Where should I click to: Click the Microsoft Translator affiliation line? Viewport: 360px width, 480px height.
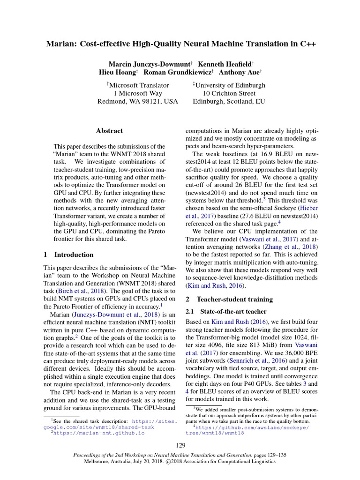tap(138, 85)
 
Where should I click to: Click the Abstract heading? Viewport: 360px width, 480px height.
tap(109, 131)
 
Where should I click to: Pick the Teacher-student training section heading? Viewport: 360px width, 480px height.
tap(234, 299)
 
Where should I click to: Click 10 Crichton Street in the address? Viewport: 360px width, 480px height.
tap(229, 93)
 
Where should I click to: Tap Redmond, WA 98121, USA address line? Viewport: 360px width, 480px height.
tap(138, 101)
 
